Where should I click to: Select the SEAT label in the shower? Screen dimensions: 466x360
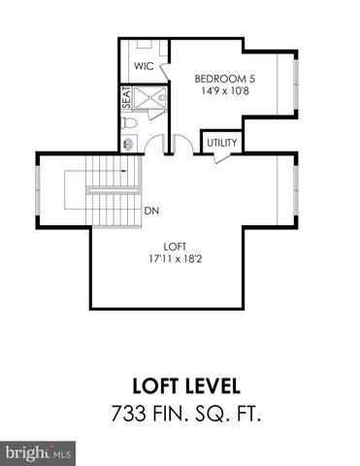point(126,98)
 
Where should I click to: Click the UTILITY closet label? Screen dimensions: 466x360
point(219,143)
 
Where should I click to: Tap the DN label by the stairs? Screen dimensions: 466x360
point(151,211)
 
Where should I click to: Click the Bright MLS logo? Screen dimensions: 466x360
point(39,452)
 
